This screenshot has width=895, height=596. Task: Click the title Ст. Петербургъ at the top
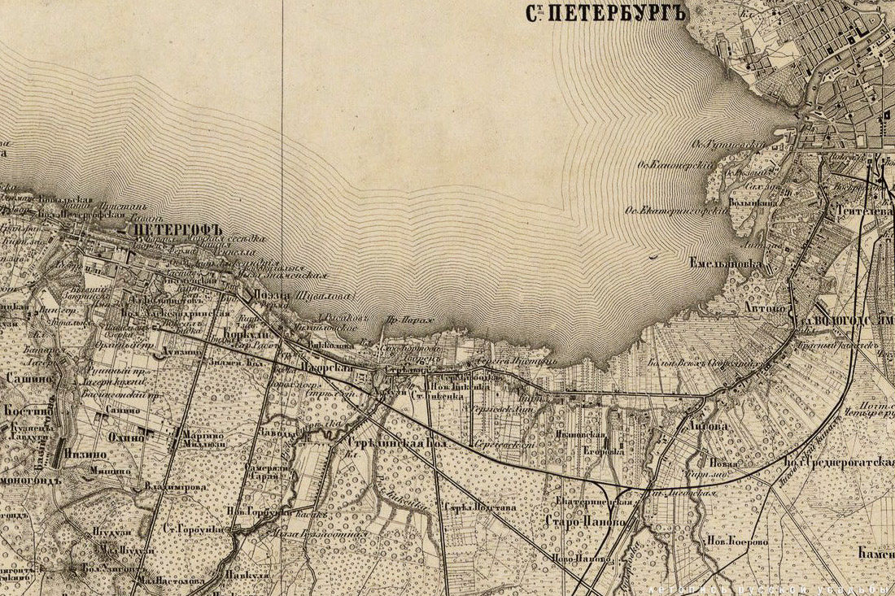605,14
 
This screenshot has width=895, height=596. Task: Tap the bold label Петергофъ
177,230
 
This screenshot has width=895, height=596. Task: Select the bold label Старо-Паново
585,521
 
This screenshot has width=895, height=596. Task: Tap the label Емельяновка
725,264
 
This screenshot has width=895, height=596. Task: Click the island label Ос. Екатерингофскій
675,209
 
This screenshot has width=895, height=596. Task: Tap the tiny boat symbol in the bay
654,257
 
